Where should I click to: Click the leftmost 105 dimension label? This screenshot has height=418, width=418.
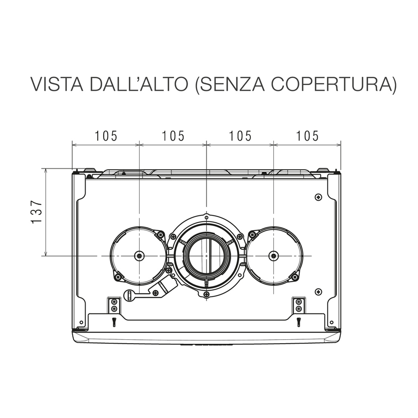(x=106, y=136)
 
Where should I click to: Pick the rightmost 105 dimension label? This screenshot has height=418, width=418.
(x=307, y=136)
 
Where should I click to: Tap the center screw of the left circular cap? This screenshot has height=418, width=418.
(x=140, y=256)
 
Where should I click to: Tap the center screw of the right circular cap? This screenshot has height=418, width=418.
(x=274, y=256)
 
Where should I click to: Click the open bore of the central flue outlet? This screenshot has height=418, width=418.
(x=207, y=256)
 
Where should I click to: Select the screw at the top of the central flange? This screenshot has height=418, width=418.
(x=207, y=217)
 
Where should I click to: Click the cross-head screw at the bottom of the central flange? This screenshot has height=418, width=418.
(x=207, y=295)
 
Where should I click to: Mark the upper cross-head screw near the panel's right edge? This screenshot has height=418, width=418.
(x=318, y=197)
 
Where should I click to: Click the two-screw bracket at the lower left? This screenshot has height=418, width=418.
(x=114, y=305)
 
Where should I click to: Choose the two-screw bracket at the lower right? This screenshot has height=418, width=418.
(x=298, y=305)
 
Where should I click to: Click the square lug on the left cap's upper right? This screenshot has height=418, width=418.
(x=160, y=235)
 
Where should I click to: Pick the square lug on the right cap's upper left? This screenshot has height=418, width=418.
(x=254, y=235)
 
